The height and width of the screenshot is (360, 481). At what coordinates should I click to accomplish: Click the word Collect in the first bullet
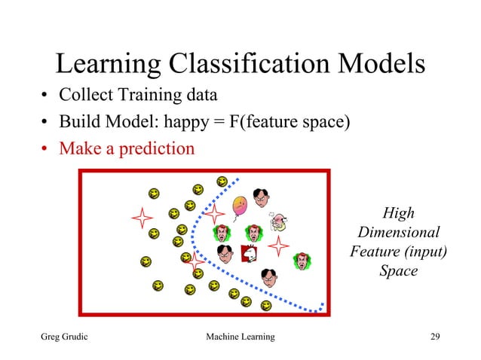(84, 96)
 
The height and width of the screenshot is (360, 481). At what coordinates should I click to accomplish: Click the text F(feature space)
(289, 122)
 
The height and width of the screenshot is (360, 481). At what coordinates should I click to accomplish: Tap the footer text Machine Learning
(240, 336)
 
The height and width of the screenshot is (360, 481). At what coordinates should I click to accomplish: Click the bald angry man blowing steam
(278, 220)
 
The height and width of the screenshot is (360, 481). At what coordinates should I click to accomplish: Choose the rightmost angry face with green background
(303, 261)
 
